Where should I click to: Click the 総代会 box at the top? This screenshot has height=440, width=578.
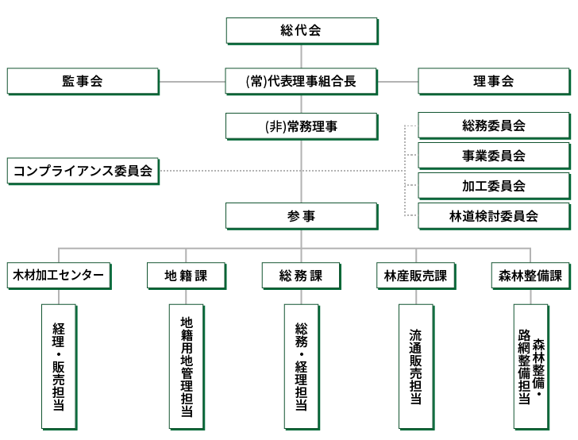pyautogui.click(x=301, y=31)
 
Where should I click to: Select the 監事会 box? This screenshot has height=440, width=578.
pyautogui.click(x=83, y=81)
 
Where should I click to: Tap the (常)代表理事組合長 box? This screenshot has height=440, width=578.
pyautogui.click(x=301, y=81)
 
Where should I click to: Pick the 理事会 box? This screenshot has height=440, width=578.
pyautogui.click(x=493, y=81)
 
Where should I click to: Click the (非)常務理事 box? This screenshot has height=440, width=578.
pyautogui.click(x=301, y=125)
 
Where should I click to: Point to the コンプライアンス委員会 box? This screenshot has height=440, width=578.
pyautogui.click(x=83, y=171)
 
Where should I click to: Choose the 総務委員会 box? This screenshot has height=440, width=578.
pyautogui.click(x=493, y=125)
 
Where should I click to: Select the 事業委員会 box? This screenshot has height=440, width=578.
pyautogui.click(x=493, y=156)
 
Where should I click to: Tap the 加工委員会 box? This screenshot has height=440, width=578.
pyautogui.click(x=493, y=186)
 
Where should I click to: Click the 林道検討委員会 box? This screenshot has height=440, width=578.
pyautogui.click(x=493, y=215)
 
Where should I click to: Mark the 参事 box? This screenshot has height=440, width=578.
pyautogui.click(x=301, y=215)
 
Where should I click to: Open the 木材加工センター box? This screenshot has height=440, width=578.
pyautogui.click(x=59, y=276)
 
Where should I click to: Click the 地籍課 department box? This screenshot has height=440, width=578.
pyautogui.click(x=186, y=276)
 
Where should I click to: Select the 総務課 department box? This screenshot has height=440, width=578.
pyautogui.click(x=301, y=276)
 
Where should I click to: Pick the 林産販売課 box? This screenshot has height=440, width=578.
pyautogui.click(x=415, y=276)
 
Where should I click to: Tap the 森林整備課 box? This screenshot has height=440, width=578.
pyautogui.click(x=530, y=276)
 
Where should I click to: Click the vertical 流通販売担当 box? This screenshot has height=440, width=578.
pyautogui.click(x=415, y=365)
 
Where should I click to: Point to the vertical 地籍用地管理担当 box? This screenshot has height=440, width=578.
pyautogui.click(x=186, y=365)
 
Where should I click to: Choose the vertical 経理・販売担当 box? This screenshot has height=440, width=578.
pyautogui.click(x=59, y=365)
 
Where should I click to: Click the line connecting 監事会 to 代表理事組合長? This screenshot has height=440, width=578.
pyautogui.click(x=192, y=81)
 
